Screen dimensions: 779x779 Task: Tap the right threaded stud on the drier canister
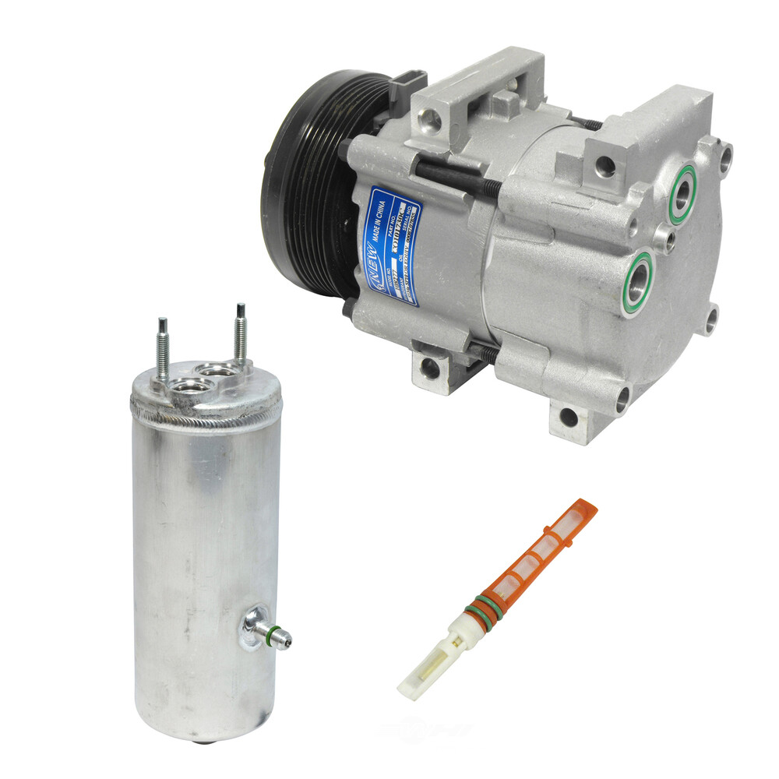click(x=241, y=333)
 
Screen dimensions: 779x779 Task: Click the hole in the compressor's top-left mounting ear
click(x=430, y=118)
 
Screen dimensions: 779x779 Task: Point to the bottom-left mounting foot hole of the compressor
click(x=429, y=368)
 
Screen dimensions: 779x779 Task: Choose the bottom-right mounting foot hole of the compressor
click(x=569, y=417)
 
